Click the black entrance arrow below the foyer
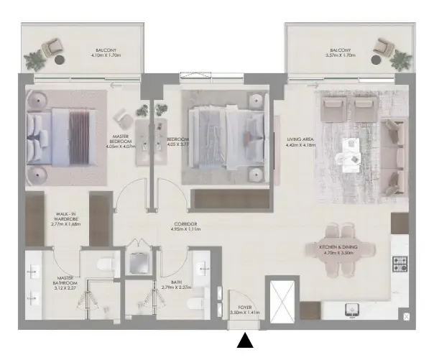coord(246,342)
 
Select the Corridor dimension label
coord(185,227)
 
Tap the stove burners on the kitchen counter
coord(401,264)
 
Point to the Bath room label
coord(177,285)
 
